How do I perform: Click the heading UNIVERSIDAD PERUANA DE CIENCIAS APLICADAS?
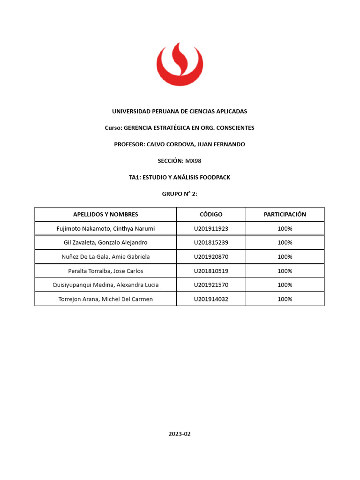point(180,112)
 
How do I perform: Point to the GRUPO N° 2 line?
point(180,194)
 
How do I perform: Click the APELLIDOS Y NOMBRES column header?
point(105,215)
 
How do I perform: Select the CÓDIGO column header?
point(211,215)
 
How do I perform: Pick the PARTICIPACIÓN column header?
point(285,215)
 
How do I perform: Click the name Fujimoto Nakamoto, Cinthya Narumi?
point(105,229)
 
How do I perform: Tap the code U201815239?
point(211,243)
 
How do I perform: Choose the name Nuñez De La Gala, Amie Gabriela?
point(105,257)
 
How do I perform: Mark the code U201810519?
point(211,271)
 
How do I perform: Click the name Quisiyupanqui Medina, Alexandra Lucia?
point(105,285)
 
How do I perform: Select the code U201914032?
point(211,299)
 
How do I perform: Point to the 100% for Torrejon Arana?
point(285,299)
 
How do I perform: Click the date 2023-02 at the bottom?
point(180,434)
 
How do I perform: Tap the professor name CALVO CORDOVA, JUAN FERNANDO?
point(196,144)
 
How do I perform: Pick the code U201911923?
point(211,229)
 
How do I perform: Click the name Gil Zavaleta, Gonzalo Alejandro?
point(105,243)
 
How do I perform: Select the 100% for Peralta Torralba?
point(285,271)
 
